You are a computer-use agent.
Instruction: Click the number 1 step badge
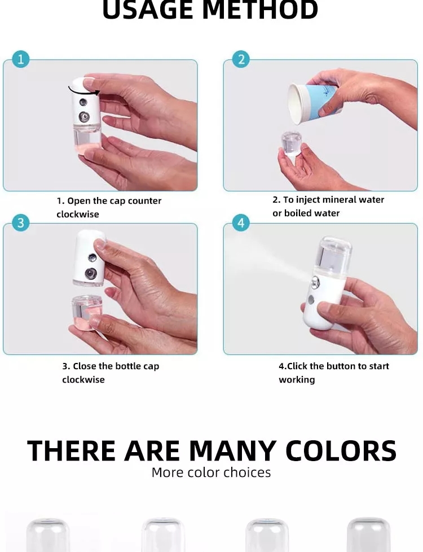coord(21,59)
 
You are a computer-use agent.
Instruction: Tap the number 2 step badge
coord(241,59)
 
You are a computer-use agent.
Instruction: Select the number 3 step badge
coord(21,222)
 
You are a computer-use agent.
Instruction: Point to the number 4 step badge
coord(241,222)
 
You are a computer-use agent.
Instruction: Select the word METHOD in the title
coord(260,10)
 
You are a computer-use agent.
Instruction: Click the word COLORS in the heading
coord(341,450)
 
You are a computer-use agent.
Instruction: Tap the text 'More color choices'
coord(211,472)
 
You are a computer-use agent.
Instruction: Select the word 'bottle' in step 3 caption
coord(127,366)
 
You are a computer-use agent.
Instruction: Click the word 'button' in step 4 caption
coord(341,366)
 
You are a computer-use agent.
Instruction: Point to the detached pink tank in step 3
coord(87,313)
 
